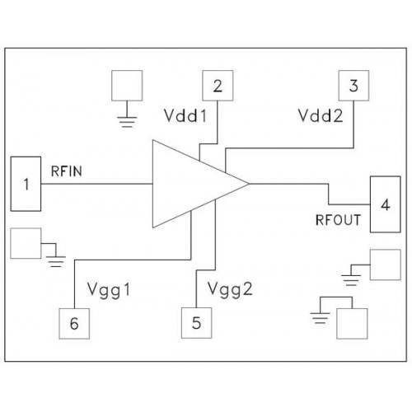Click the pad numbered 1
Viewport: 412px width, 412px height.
[x=26, y=184]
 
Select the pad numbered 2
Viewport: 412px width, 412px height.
[x=218, y=86]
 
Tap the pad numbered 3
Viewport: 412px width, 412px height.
[x=353, y=86]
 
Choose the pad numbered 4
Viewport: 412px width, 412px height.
[x=385, y=204]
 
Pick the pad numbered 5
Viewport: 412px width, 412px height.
[x=196, y=323]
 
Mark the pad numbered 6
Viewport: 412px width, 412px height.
[x=74, y=323]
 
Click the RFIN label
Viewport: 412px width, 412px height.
[x=67, y=171]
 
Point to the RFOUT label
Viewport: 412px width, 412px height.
[x=338, y=220]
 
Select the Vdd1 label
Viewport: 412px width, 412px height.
[x=185, y=115]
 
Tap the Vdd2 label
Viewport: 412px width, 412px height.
[x=321, y=115]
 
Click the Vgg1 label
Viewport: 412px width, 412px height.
[x=109, y=290]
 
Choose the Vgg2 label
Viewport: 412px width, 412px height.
[x=230, y=289]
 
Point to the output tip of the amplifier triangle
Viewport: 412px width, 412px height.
[x=249, y=184]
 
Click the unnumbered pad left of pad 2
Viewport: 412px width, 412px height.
[x=127, y=86]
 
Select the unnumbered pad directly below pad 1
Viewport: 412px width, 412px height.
[x=26, y=243]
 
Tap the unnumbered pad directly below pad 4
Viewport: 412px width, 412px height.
[x=386, y=265]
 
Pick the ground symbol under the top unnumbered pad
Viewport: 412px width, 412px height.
[x=127, y=122]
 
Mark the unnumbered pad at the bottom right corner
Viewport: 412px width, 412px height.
[x=352, y=324]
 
